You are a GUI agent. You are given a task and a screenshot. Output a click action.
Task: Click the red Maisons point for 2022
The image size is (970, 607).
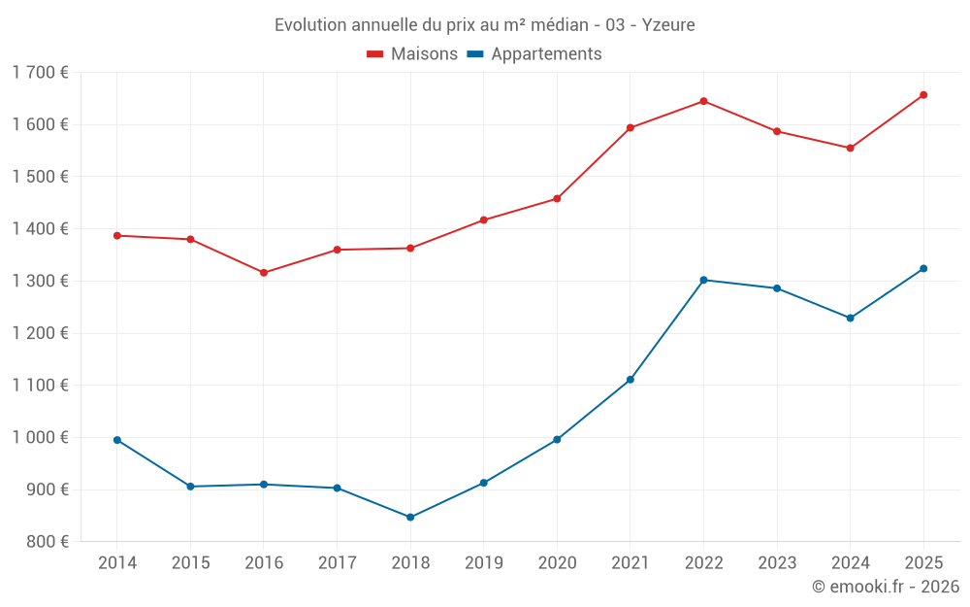click(703, 101)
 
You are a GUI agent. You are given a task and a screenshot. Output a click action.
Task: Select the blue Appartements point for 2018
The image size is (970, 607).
click(410, 517)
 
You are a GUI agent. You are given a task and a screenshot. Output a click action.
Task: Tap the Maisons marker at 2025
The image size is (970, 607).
click(923, 95)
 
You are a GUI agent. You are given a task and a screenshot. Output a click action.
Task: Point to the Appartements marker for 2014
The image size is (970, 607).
click(117, 440)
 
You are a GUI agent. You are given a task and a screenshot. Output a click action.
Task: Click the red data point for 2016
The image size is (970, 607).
click(264, 273)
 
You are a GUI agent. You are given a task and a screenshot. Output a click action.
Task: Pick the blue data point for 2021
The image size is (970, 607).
click(630, 380)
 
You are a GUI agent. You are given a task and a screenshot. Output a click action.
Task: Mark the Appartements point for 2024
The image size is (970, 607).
click(851, 318)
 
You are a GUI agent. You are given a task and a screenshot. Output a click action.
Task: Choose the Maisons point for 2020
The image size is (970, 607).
click(557, 199)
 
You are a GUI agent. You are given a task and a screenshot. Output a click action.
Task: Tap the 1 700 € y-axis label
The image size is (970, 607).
click(40, 72)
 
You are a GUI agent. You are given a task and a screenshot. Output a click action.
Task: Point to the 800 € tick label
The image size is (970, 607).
click(45, 542)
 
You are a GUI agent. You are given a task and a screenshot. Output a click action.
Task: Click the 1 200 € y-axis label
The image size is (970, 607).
click(40, 333)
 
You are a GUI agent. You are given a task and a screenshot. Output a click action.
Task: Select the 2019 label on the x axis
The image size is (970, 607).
click(483, 563)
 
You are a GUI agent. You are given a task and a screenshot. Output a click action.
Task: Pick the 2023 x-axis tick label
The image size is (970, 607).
click(777, 563)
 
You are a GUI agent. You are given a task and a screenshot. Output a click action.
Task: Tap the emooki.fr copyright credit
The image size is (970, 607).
click(886, 587)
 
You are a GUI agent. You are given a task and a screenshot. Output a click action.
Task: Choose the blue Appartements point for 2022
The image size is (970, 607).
click(703, 280)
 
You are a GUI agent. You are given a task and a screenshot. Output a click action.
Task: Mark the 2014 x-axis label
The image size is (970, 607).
click(117, 563)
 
